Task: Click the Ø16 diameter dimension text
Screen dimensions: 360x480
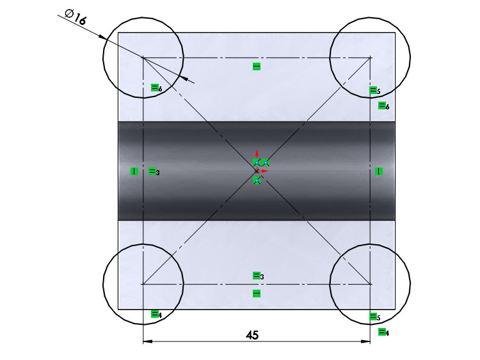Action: pyautogui.click(x=76, y=16)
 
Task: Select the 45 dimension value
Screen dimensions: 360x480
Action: pyautogui.click(x=252, y=335)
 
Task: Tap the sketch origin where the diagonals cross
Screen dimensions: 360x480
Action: pyautogui.click(x=257, y=171)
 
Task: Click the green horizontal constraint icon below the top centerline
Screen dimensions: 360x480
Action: pyautogui.click(x=257, y=67)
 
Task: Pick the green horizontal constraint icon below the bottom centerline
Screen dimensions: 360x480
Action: pyautogui.click(x=257, y=293)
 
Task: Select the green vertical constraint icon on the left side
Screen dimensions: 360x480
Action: pyautogui.click(x=134, y=171)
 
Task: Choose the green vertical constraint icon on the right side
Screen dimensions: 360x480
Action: pyautogui.click(x=379, y=171)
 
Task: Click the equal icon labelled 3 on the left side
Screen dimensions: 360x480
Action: pyautogui.click(x=153, y=171)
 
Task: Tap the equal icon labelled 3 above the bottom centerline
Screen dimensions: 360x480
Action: pyautogui.click(x=257, y=276)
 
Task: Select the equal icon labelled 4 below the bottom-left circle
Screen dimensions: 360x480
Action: pyautogui.click(x=155, y=313)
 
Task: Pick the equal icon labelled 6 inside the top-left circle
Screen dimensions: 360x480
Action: pyautogui.click(x=155, y=88)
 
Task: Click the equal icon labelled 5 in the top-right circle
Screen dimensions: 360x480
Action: pyautogui.click(x=374, y=91)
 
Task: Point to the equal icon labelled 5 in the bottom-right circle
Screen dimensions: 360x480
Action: pyautogui.click(x=374, y=317)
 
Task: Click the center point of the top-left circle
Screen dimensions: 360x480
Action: pyautogui.click(x=143, y=58)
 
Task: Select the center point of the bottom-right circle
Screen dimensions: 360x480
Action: pyautogui.click(x=370, y=284)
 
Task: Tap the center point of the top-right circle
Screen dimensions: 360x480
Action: pyautogui.click(x=370, y=58)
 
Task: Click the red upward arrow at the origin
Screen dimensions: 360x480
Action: pyautogui.click(x=257, y=154)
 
